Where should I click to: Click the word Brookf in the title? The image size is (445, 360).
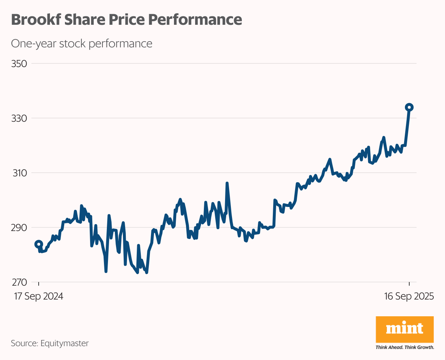click(36, 19)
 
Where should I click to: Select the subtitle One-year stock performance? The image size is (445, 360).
click(82, 43)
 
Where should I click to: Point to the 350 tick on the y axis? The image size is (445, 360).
click(19, 64)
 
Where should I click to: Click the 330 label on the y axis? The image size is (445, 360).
click(19, 118)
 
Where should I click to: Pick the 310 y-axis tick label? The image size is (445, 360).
click(19, 173)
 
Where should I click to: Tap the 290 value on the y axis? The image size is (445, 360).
click(19, 227)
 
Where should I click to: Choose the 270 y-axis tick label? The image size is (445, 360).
click(19, 282)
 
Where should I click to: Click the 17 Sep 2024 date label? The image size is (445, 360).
click(39, 296)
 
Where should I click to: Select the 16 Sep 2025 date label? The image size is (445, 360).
click(409, 296)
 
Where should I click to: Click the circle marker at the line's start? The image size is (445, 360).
click(39, 244)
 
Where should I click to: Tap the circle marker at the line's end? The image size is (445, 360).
click(409, 107)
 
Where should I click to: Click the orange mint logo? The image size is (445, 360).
click(405, 329)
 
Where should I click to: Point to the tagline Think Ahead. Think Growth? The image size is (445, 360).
click(405, 347)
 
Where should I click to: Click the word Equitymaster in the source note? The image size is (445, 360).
click(65, 343)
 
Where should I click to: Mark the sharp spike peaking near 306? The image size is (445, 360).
click(227, 183)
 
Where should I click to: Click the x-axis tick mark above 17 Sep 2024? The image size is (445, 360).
click(39, 284)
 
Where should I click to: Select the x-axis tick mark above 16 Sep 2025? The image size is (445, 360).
click(409, 284)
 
